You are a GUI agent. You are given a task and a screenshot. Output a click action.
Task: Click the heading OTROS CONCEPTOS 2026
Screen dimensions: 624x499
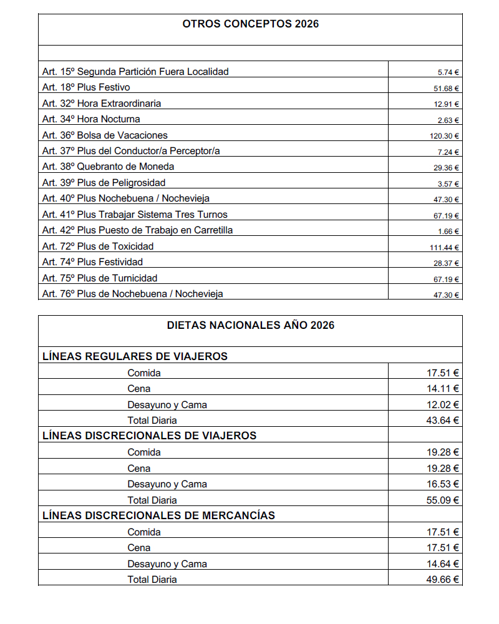pos(250,24)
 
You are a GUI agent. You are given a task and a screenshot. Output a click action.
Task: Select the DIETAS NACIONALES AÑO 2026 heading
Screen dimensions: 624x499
pos(250,325)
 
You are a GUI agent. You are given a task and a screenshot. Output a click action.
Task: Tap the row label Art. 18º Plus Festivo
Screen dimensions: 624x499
pos(86,87)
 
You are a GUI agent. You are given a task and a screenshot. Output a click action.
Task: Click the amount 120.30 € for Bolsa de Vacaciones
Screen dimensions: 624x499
pos(446,136)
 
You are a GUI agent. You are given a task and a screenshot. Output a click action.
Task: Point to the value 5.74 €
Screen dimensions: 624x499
pos(448,72)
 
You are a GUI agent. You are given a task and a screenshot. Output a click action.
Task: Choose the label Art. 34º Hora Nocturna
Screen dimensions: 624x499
pos(91,119)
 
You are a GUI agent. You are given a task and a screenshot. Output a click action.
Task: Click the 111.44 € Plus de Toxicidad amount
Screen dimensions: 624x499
pos(446,247)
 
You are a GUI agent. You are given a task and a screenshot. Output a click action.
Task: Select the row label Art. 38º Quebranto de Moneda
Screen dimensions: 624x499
pos(109,167)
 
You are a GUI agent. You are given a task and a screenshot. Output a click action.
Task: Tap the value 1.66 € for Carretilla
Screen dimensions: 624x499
pos(448,232)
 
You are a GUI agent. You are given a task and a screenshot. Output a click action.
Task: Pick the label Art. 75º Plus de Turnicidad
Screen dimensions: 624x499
pos(100,278)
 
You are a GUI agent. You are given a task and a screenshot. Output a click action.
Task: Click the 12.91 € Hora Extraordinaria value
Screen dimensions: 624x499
pos(447,104)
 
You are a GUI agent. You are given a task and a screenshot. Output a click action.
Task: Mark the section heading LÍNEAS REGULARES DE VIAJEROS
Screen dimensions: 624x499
pos(135,357)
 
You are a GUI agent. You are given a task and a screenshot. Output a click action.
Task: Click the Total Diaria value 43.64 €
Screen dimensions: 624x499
pos(443,421)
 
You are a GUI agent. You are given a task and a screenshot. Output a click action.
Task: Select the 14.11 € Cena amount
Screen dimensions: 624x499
pos(443,389)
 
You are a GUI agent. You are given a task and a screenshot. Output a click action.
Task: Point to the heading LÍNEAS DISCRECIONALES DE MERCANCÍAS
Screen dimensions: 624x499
pos(158,515)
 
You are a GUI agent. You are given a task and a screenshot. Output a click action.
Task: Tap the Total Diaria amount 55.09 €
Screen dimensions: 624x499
pos(443,500)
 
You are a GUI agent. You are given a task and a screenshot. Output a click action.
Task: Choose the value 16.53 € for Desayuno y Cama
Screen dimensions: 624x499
pos(443,484)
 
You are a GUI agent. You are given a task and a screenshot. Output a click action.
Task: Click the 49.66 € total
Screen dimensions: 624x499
pos(443,580)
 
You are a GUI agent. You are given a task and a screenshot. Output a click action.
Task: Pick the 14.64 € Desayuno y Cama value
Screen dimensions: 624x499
pos(443,563)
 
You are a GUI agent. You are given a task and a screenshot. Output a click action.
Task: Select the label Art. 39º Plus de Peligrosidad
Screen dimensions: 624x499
pos(104,183)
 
